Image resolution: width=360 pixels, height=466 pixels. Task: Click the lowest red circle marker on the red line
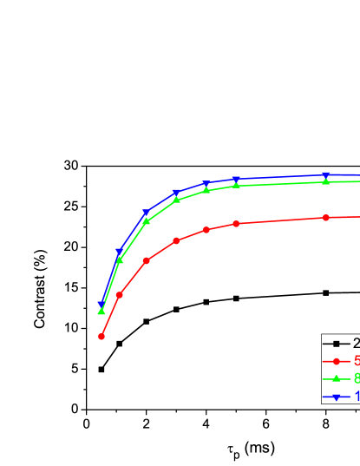tap(101, 336)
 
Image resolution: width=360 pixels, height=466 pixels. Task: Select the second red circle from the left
tap(119, 295)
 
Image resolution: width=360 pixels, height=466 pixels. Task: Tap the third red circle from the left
tap(146, 260)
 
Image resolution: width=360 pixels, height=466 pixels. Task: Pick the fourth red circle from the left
tap(176, 240)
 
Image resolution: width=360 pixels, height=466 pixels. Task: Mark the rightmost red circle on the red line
tap(325, 217)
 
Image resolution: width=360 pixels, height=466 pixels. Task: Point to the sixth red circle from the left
tap(236, 223)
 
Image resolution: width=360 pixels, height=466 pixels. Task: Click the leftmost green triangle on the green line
tap(101, 311)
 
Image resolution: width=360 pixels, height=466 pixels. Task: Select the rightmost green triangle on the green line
tap(325, 181)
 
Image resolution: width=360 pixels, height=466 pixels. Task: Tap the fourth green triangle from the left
tap(176, 200)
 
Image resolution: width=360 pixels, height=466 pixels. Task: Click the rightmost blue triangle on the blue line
tap(325, 175)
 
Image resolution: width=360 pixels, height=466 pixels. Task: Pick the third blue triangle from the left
tap(146, 213)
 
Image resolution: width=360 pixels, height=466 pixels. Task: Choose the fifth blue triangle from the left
tap(206, 184)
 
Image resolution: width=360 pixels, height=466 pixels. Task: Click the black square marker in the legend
tap(336, 344)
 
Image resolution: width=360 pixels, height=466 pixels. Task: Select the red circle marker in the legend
tap(336, 361)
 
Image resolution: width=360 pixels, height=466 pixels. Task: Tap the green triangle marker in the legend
tap(336, 378)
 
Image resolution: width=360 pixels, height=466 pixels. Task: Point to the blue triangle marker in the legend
tap(336, 397)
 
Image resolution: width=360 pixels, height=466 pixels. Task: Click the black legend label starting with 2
tap(356, 344)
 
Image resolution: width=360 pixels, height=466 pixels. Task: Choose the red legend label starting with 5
tap(356, 361)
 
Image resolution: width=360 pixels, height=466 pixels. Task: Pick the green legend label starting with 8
tap(356, 378)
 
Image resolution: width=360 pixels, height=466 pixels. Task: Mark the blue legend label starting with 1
tap(356, 397)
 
